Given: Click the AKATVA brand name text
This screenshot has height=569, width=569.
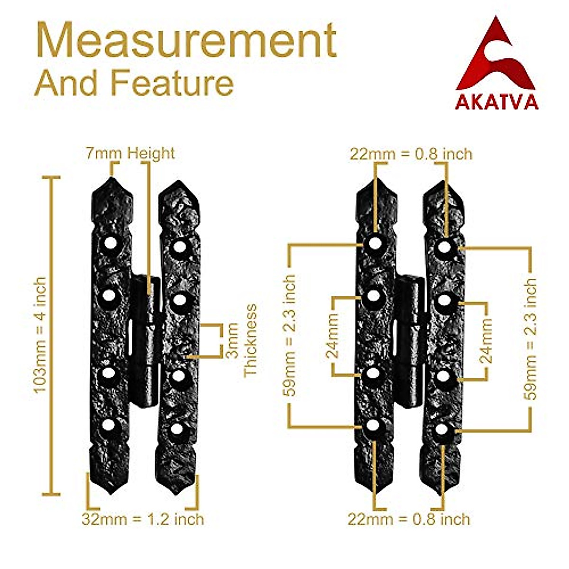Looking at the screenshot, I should [496, 102].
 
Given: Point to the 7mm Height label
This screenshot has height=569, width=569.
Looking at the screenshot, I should [130, 153].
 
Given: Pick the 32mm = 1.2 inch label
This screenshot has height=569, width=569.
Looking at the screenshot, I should [143, 519].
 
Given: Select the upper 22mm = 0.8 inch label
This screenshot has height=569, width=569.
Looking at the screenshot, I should [411, 154].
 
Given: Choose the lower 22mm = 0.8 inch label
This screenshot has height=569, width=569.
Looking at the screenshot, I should [409, 519].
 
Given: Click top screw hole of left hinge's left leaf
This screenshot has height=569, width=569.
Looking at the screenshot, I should [110, 245].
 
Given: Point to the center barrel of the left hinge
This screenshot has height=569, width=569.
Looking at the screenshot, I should [146, 341].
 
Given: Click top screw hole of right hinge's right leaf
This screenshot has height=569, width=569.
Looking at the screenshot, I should [444, 247].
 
